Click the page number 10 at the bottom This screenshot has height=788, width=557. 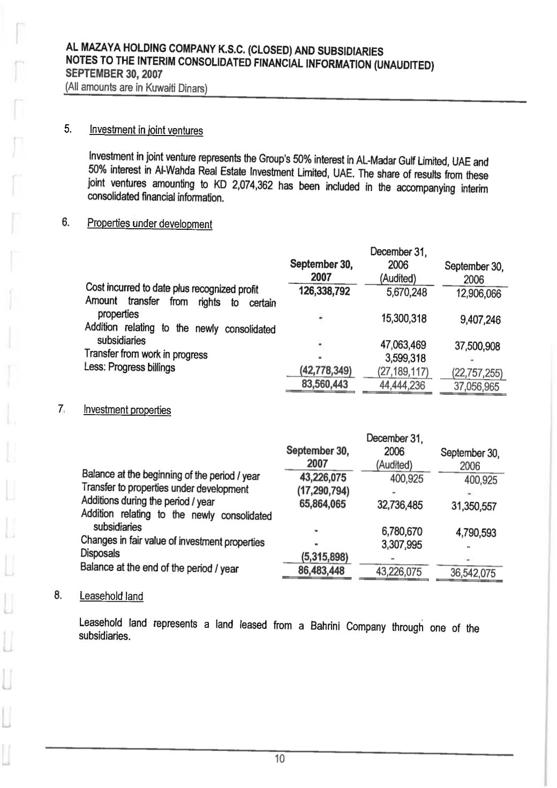tap(280, 758)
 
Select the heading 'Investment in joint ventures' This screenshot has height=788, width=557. tap(146, 130)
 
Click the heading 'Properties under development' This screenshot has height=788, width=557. tap(149, 224)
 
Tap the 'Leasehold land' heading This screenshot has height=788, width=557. tap(111, 596)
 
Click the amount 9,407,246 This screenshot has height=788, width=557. tap(480, 320)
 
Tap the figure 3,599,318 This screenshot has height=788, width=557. tap(405, 358)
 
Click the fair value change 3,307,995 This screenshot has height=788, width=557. tap(402, 545)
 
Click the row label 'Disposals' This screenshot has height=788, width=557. tap(100, 553)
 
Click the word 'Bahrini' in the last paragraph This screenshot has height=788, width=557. tap(328, 626)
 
